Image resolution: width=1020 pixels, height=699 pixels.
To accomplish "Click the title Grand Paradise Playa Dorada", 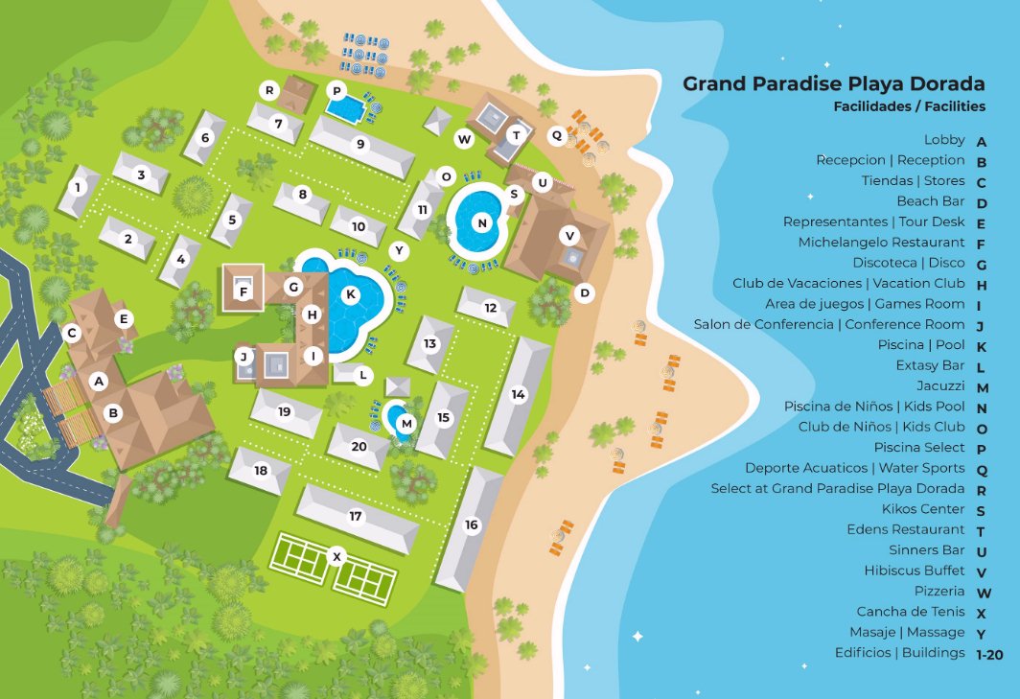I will click(833, 83).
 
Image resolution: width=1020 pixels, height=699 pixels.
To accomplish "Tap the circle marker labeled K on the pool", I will click(351, 293).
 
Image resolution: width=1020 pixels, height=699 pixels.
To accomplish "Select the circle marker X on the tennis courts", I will click(336, 555).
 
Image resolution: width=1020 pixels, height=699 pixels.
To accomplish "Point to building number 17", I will click(356, 517).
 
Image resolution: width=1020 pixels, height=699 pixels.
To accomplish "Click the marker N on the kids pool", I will click(482, 222).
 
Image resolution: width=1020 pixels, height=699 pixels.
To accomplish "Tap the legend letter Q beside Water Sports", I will click(981, 469).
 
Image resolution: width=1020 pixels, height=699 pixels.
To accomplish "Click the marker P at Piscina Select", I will click(336, 91).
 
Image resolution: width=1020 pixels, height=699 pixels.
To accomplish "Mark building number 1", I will click(78, 187).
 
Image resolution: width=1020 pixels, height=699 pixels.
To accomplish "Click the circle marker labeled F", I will click(243, 291).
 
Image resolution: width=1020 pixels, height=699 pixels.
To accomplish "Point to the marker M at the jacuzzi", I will click(406, 423).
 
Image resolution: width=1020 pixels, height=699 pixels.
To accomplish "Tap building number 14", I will click(519, 394).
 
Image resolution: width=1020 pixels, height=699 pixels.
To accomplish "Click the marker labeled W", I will click(464, 139).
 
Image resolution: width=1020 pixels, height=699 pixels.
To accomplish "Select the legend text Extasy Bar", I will click(930, 365).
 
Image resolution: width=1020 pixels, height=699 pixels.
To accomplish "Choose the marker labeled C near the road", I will click(71, 333).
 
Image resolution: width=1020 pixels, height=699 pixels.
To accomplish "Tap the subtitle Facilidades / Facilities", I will click(909, 106).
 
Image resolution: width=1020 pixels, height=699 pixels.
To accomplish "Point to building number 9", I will click(360, 144).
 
